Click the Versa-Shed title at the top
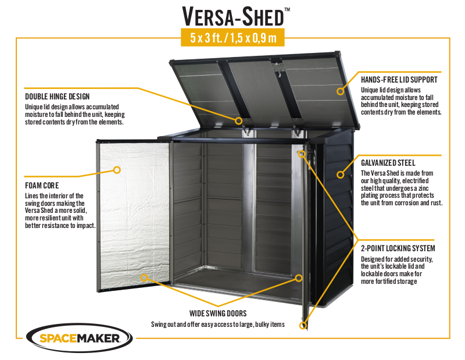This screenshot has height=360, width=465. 233,15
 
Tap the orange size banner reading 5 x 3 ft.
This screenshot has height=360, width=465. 233,38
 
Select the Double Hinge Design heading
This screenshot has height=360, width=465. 58,97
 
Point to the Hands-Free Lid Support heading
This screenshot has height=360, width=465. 399,79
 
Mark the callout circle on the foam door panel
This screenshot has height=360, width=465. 116,170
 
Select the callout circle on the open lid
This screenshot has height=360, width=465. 340,91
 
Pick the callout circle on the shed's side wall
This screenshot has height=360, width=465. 340,174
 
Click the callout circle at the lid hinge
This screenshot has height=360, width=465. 238,120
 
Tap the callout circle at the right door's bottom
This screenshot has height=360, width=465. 303,325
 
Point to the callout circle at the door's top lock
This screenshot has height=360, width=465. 303,154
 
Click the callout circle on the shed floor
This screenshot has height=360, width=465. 299,278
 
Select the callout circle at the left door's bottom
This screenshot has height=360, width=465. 144,278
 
